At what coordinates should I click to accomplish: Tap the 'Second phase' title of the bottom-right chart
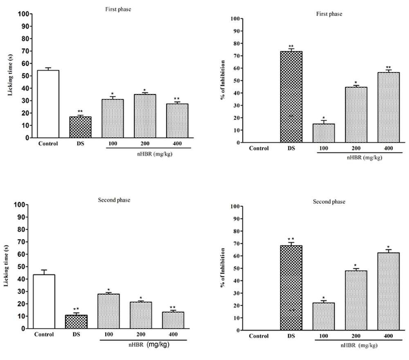pyautogui.click(x=329, y=202)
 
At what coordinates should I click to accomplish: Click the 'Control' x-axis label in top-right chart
pyautogui.click(x=259, y=148)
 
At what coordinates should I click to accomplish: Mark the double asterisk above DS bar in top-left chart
pyautogui.click(x=80, y=111)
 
